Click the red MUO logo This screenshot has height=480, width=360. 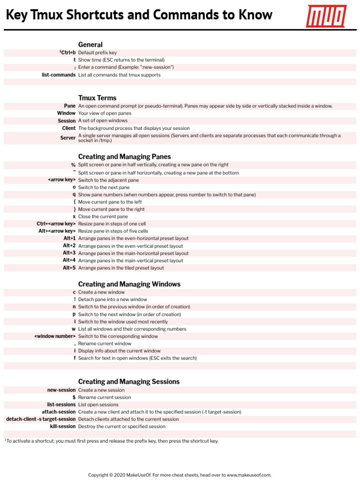(326, 16)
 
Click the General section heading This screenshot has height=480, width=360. (90, 45)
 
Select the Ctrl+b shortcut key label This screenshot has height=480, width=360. (68, 52)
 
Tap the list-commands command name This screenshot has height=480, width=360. (59, 75)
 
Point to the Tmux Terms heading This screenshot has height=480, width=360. (97, 98)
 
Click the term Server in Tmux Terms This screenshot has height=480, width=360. (68, 138)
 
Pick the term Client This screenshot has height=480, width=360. (69, 128)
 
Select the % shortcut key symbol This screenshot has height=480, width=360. (73, 165)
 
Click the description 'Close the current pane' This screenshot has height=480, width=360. (103, 217)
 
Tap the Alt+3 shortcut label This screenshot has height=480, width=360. (69, 253)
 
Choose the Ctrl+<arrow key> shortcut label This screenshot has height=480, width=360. (56, 224)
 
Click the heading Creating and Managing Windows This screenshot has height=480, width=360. (129, 284)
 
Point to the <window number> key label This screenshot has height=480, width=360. (55, 336)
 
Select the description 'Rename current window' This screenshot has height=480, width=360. (105, 344)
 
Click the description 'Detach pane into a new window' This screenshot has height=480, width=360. (112, 300)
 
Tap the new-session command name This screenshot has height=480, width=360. (61, 390)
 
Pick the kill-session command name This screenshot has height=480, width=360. (63, 427)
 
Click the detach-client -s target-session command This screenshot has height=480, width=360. (40, 419)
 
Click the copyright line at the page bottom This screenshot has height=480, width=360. (180, 475)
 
